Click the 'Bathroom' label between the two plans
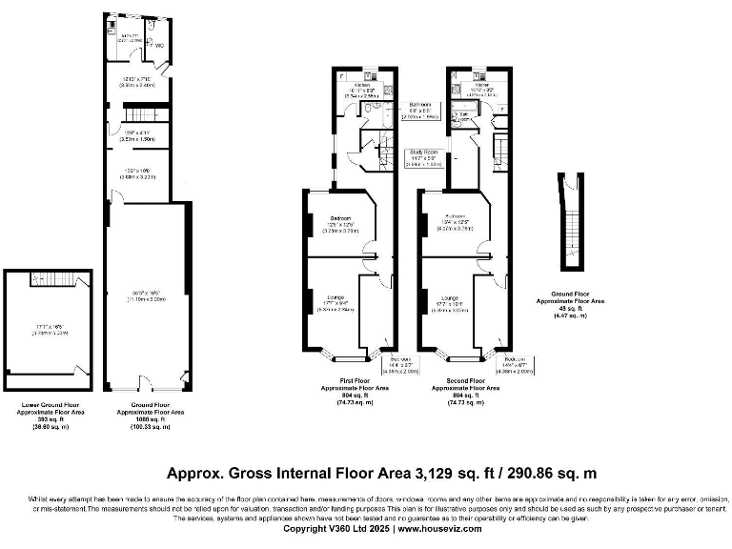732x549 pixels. (x=420, y=104)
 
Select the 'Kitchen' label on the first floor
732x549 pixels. (x=360, y=85)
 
